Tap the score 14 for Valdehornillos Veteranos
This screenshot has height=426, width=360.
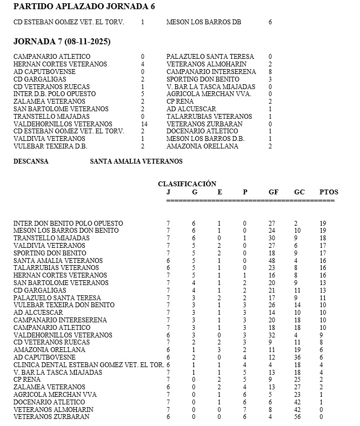(144, 124)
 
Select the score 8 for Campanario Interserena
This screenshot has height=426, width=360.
(270, 71)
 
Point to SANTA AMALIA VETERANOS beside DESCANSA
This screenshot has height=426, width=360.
(136, 161)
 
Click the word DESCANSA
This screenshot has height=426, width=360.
(30, 161)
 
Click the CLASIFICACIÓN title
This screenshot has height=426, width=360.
(187, 184)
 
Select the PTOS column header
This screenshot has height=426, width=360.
(329, 192)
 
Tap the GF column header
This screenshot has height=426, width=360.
(274, 192)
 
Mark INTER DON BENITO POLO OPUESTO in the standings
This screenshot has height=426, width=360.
(68, 223)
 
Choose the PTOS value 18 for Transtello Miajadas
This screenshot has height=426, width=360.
(322, 238)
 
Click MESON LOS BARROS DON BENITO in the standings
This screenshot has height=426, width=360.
(66, 231)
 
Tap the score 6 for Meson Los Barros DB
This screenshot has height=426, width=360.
(270, 22)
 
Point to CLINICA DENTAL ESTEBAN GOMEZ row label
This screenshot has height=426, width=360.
(89, 364)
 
